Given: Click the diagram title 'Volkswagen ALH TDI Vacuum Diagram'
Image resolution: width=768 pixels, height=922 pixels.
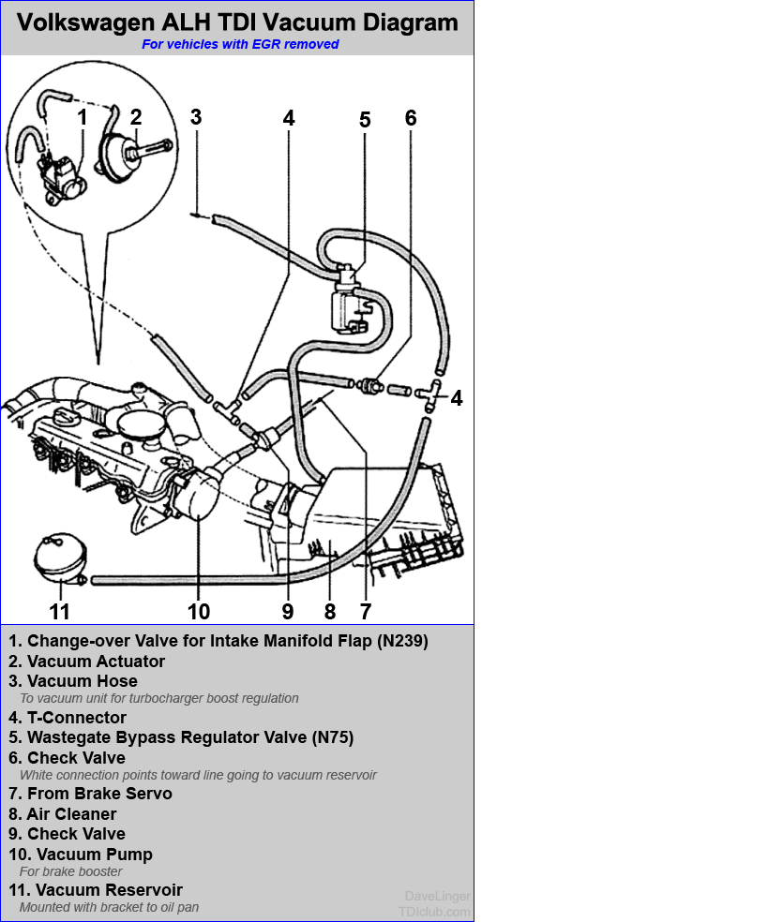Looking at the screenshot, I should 237,22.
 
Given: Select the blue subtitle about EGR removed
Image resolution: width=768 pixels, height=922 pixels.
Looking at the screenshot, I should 240,44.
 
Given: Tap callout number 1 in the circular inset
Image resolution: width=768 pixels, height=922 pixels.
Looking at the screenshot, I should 83,117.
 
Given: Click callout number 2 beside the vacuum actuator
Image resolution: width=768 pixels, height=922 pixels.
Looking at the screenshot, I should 136,117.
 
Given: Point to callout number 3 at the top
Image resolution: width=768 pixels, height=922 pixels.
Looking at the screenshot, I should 195,117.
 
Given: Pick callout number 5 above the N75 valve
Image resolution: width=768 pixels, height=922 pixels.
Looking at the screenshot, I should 365,120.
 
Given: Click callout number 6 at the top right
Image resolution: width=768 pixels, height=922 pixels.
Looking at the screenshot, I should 410,118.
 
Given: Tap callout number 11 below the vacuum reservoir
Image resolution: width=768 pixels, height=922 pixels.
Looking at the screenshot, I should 59,612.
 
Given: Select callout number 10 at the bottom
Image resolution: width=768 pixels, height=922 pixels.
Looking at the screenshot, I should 199,612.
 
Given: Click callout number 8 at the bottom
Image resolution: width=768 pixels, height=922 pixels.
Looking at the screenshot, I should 329,612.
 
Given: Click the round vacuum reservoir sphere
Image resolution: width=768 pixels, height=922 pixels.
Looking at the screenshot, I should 59,558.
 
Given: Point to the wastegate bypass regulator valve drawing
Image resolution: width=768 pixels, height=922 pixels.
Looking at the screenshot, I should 348,298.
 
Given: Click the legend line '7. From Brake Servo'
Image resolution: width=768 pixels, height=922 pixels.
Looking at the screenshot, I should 91,794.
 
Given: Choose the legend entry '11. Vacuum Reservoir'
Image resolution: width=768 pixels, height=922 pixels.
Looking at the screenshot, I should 96,890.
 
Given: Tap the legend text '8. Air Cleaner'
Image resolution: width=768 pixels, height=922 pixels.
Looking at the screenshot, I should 63,814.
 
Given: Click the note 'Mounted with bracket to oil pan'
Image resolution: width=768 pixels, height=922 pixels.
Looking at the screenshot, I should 109,907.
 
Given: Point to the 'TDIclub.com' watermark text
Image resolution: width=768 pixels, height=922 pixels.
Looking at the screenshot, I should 434,911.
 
